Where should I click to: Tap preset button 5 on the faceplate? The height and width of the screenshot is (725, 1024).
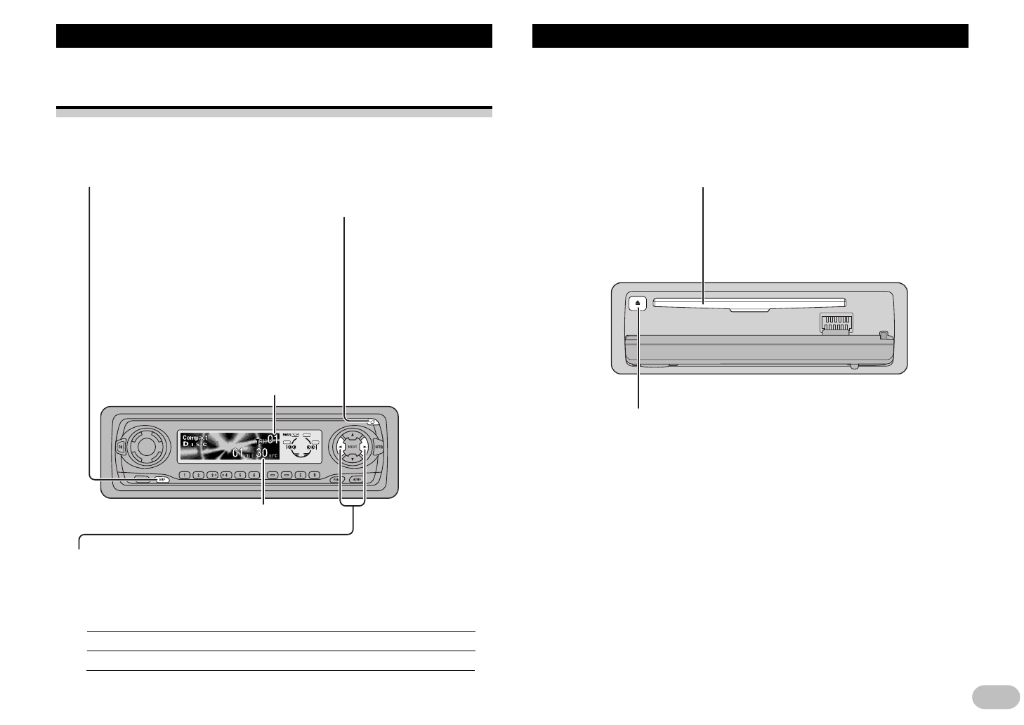pyautogui.click(x=241, y=475)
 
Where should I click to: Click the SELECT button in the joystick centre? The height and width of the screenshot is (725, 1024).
pyautogui.click(x=353, y=447)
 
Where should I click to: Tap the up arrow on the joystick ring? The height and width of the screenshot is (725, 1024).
pyautogui.click(x=353, y=435)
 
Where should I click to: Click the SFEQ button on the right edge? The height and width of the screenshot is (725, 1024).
pyautogui.click(x=379, y=447)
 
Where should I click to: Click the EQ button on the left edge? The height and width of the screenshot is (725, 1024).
pyautogui.click(x=120, y=447)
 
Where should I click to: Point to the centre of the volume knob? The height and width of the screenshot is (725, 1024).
pyautogui.click(x=144, y=445)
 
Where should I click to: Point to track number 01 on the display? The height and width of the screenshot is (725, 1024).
pyautogui.click(x=273, y=440)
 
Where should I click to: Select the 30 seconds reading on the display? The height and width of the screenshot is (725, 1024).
pyautogui.click(x=261, y=454)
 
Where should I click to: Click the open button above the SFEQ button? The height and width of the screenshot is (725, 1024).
pyautogui.click(x=372, y=422)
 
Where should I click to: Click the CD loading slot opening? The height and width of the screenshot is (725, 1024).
pyautogui.click(x=748, y=303)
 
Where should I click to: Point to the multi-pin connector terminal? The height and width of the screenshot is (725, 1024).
pyautogui.click(x=836, y=323)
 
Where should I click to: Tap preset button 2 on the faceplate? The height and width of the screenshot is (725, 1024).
pyautogui.click(x=199, y=475)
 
